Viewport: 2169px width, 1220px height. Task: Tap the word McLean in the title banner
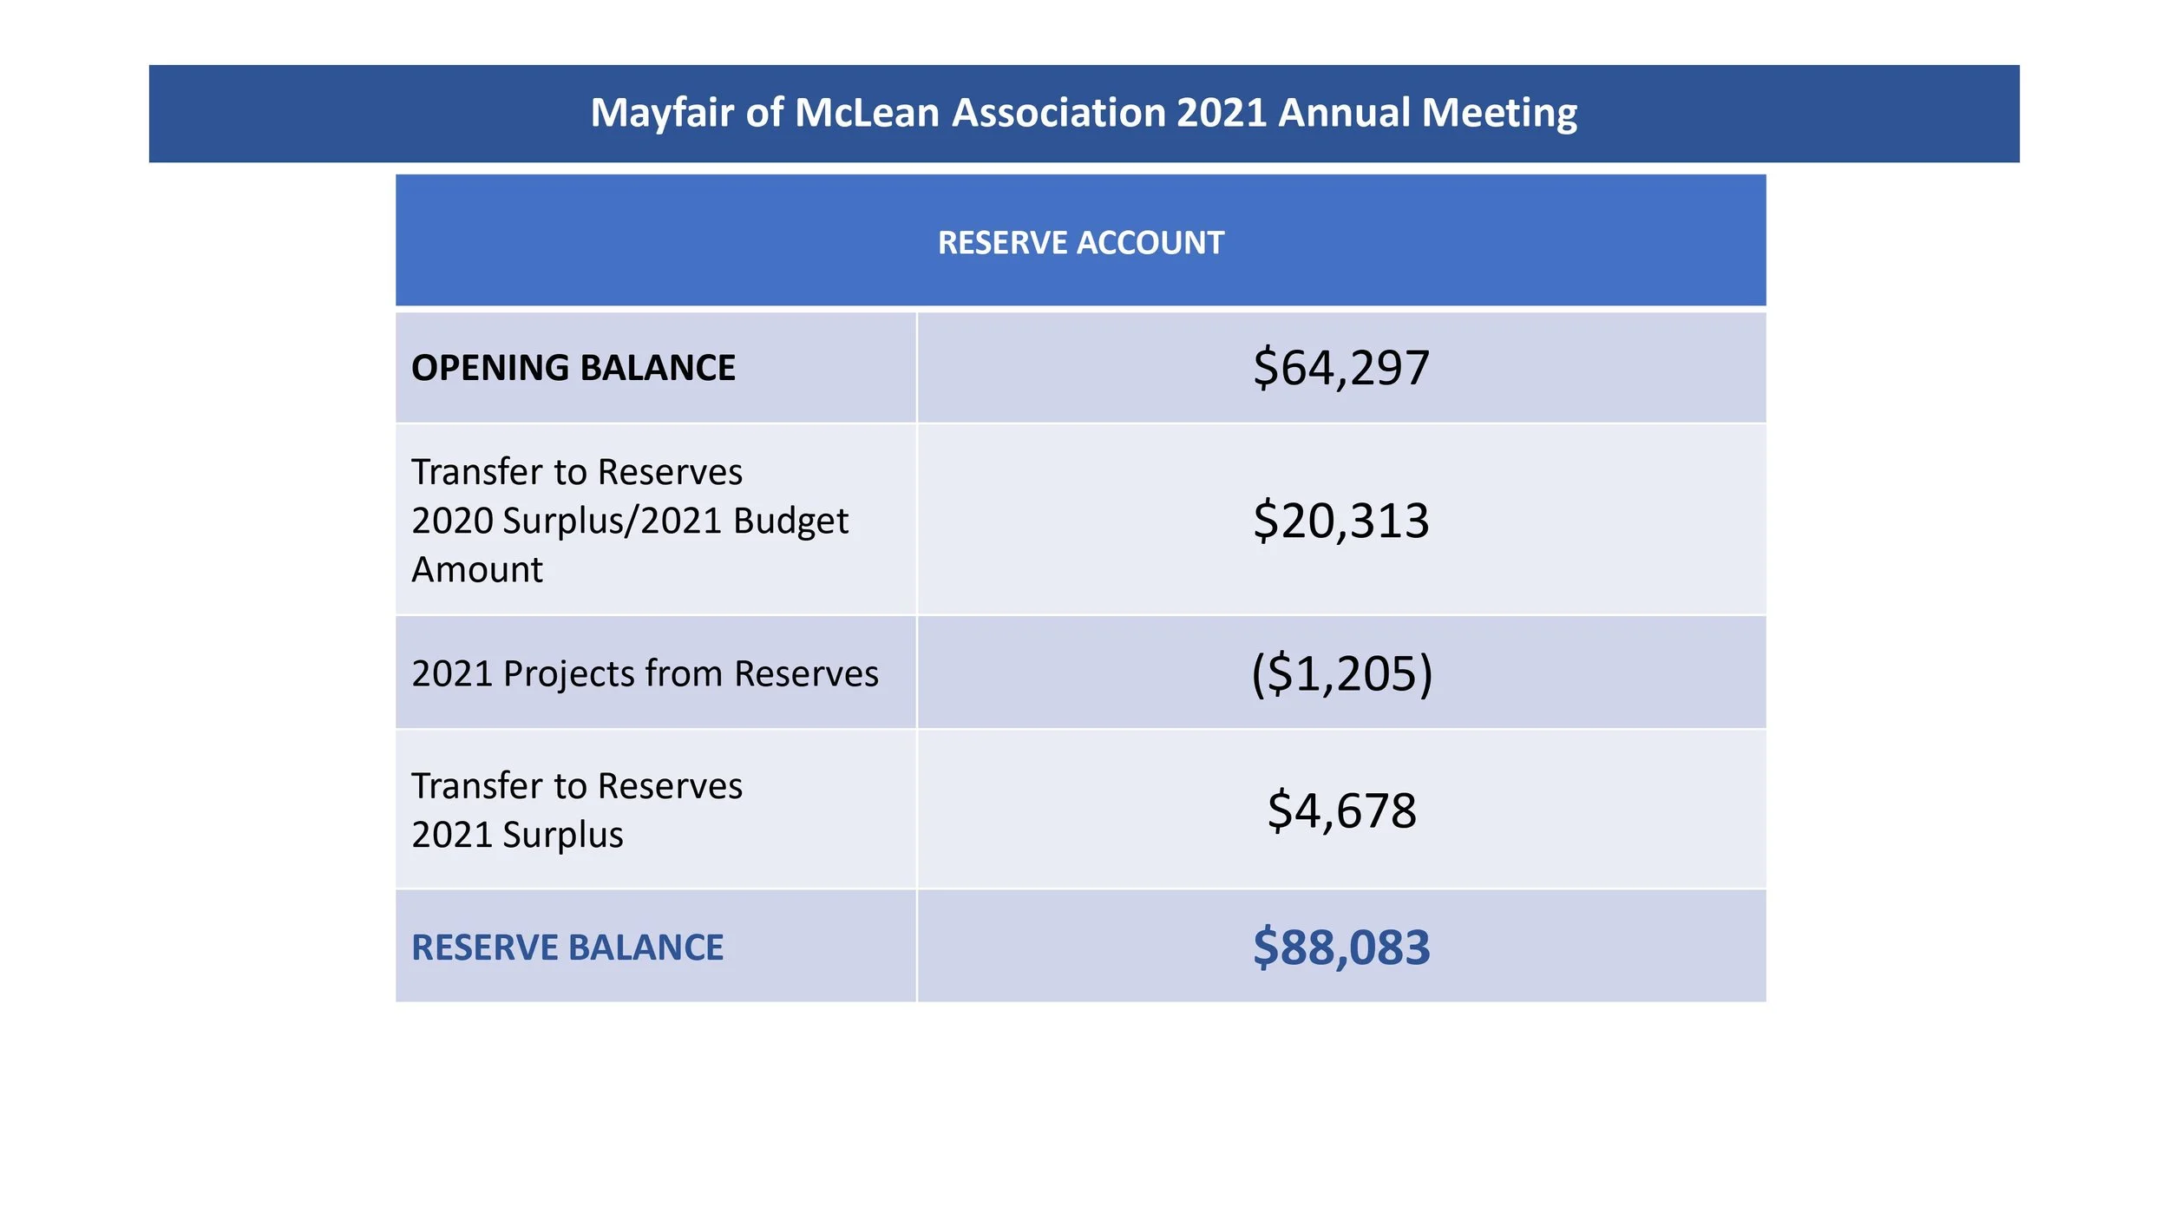pos(867,113)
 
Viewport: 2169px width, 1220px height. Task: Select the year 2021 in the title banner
pos(1221,113)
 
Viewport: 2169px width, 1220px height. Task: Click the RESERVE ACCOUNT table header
pos(1080,243)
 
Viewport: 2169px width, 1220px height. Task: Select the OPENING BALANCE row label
pos(573,368)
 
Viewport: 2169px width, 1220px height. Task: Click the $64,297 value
pos(1340,368)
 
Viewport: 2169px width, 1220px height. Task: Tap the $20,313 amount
pos(1340,521)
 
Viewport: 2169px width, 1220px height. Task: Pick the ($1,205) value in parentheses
pos(1341,673)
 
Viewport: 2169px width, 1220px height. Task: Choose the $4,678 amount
pos(1341,810)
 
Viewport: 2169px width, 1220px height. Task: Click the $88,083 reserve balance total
pos(1341,947)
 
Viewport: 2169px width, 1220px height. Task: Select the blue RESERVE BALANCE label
pos(567,948)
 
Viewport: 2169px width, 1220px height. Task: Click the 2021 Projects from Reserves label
pos(645,674)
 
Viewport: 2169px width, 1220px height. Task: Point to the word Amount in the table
pos(477,570)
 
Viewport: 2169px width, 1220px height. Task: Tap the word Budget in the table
pos(790,521)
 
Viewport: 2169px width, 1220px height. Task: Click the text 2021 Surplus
pos(517,835)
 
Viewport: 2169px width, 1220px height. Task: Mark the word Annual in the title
pos(1344,113)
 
